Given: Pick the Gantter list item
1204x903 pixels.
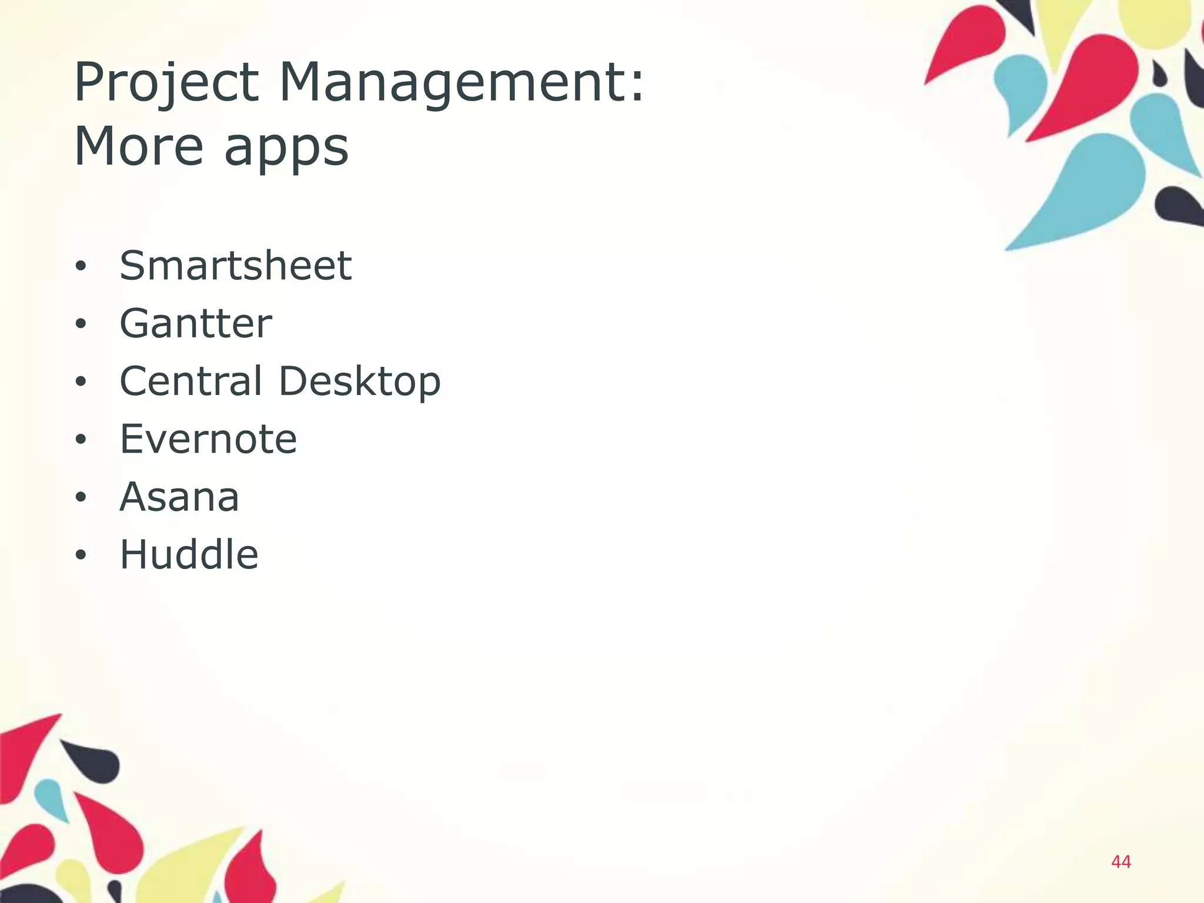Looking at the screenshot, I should pyautogui.click(x=196, y=323).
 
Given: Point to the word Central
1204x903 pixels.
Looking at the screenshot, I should pyautogui.click(x=190, y=380).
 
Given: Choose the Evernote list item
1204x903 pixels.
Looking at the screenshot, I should pyautogui.click(x=208, y=439).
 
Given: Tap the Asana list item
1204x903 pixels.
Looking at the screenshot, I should pyautogui.click(x=179, y=497).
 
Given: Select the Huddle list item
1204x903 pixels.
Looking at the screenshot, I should pyautogui.click(x=189, y=554).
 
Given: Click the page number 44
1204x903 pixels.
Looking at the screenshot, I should pyautogui.click(x=1121, y=862).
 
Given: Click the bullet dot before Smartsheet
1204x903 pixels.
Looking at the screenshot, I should pyautogui.click(x=81, y=266).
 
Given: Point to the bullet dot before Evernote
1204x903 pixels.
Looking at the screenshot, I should pyautogui.click(x=81, y=440).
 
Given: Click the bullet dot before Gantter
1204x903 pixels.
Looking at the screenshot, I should pyautogui.click(x=81, y=324).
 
